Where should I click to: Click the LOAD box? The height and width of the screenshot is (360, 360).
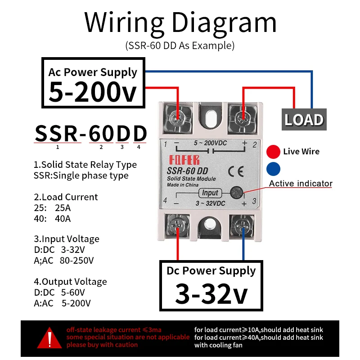point(304,120)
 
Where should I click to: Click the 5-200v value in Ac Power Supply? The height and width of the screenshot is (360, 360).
point(92,92)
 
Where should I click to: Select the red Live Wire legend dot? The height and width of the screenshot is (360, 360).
point(273,152)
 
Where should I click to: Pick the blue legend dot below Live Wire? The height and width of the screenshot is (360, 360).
point(273,169)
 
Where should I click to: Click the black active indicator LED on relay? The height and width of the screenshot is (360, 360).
point(236,193)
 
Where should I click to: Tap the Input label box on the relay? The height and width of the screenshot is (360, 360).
point(210,193)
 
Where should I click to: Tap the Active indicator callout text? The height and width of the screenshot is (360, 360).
point(301,183)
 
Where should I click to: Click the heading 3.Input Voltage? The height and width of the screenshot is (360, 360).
point(67,239)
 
